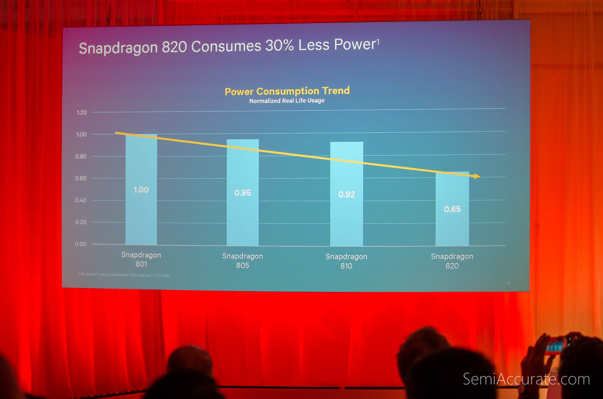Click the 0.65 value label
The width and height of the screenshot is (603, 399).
point(452,209)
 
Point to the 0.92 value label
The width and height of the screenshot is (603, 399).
point(347,194)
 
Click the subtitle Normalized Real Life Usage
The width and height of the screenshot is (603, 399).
point(287,101)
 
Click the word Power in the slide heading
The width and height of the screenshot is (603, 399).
point(355,44)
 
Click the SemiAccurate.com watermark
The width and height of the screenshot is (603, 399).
point(526,379)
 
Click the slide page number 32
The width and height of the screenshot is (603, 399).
point(509,283)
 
